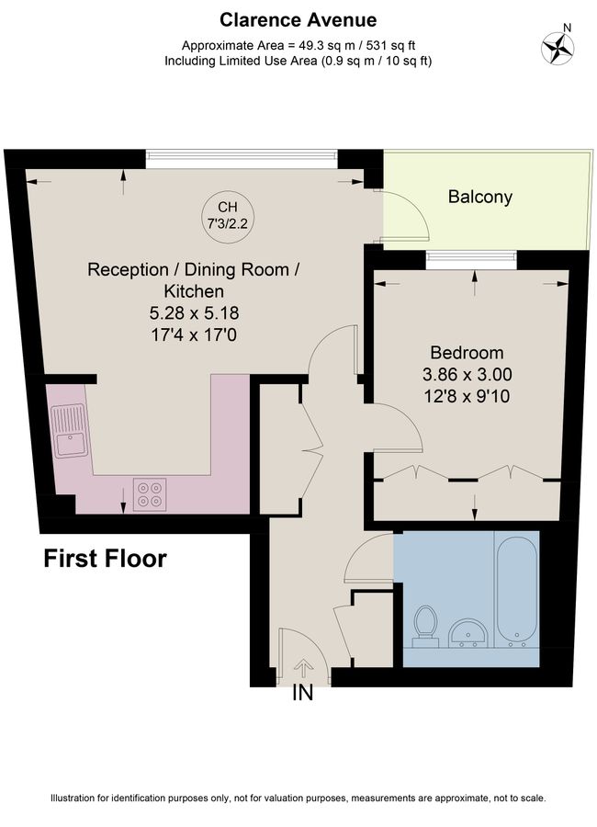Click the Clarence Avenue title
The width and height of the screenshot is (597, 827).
(298, 20)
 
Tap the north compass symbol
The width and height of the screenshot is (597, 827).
(558, 48)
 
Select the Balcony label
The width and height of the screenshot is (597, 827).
(480, 197)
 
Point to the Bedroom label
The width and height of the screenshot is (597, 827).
(467, 352)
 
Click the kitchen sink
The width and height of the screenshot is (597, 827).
(69, 431)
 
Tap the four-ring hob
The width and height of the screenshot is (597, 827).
(150, 494)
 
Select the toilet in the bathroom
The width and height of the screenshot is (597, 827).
(425, 627)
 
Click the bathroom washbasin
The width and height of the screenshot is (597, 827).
(467, 632)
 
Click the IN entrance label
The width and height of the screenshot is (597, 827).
(303, 693)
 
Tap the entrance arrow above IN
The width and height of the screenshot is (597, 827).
(303, 668)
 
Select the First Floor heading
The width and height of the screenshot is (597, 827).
(105, 559)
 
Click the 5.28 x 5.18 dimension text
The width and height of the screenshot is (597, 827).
(194, 312)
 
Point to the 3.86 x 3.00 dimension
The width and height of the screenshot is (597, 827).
(467, 375)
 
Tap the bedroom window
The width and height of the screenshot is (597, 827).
(471, 257)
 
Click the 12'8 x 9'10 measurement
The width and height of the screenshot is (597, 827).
(467, 396)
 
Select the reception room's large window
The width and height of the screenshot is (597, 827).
(242, 155)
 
